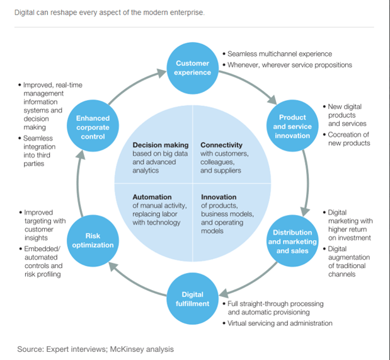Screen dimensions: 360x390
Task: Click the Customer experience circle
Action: coord(192,68)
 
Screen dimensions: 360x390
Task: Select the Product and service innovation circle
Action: coord(292,126)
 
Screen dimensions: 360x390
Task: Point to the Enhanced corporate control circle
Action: coord(93,127)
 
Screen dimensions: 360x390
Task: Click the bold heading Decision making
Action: coord(161,145)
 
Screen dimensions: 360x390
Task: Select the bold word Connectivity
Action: coord(221,145)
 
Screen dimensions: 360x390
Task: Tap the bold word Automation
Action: coord(152,197)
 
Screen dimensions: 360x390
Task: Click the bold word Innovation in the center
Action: coord(219,197)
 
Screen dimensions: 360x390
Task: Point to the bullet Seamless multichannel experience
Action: coord(279,54)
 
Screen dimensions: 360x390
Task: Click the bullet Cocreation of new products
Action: coord(349,139)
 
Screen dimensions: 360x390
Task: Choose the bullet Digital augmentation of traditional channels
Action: coord(350,262)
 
